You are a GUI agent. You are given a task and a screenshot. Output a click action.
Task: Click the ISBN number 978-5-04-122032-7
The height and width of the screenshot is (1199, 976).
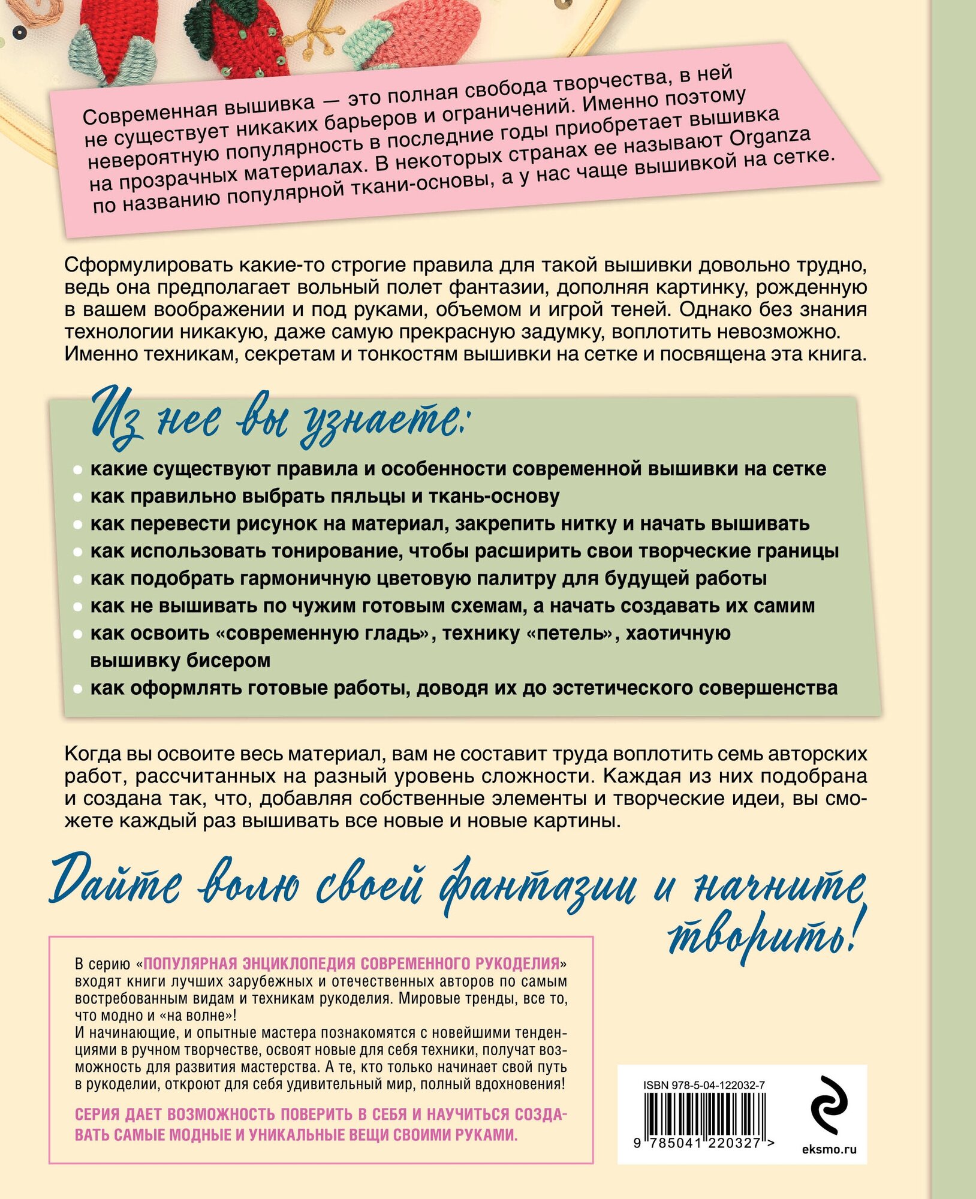(704, 1085)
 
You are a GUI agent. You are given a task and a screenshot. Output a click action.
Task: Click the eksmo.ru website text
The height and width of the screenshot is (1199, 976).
(829, 1149)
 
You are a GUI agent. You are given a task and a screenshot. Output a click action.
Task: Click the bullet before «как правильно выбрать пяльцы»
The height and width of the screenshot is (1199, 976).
(77, 497)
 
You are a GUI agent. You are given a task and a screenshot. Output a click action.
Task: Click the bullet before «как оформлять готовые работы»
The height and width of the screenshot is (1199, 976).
(77, 689)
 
